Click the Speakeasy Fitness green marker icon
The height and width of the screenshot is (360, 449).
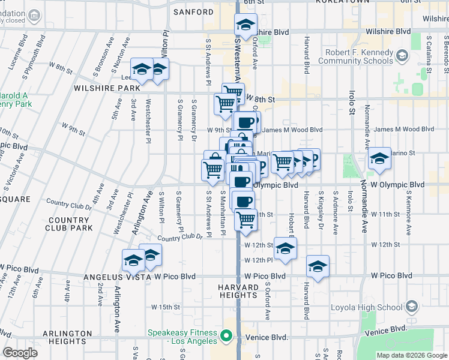point(226,337)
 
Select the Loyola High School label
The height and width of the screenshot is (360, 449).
point(367,308)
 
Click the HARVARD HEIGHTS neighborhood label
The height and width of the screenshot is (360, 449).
point(238,290)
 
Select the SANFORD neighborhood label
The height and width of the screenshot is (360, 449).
point(193,12)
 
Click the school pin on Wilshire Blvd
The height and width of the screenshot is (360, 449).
point(246,25)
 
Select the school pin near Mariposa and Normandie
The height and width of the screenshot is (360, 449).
point(379,159)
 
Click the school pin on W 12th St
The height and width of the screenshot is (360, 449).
point(285,247)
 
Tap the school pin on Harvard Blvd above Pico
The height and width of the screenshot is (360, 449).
point(318,266)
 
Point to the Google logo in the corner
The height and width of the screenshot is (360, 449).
point(20,353)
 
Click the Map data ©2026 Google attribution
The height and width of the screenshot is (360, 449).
point(412,355)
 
